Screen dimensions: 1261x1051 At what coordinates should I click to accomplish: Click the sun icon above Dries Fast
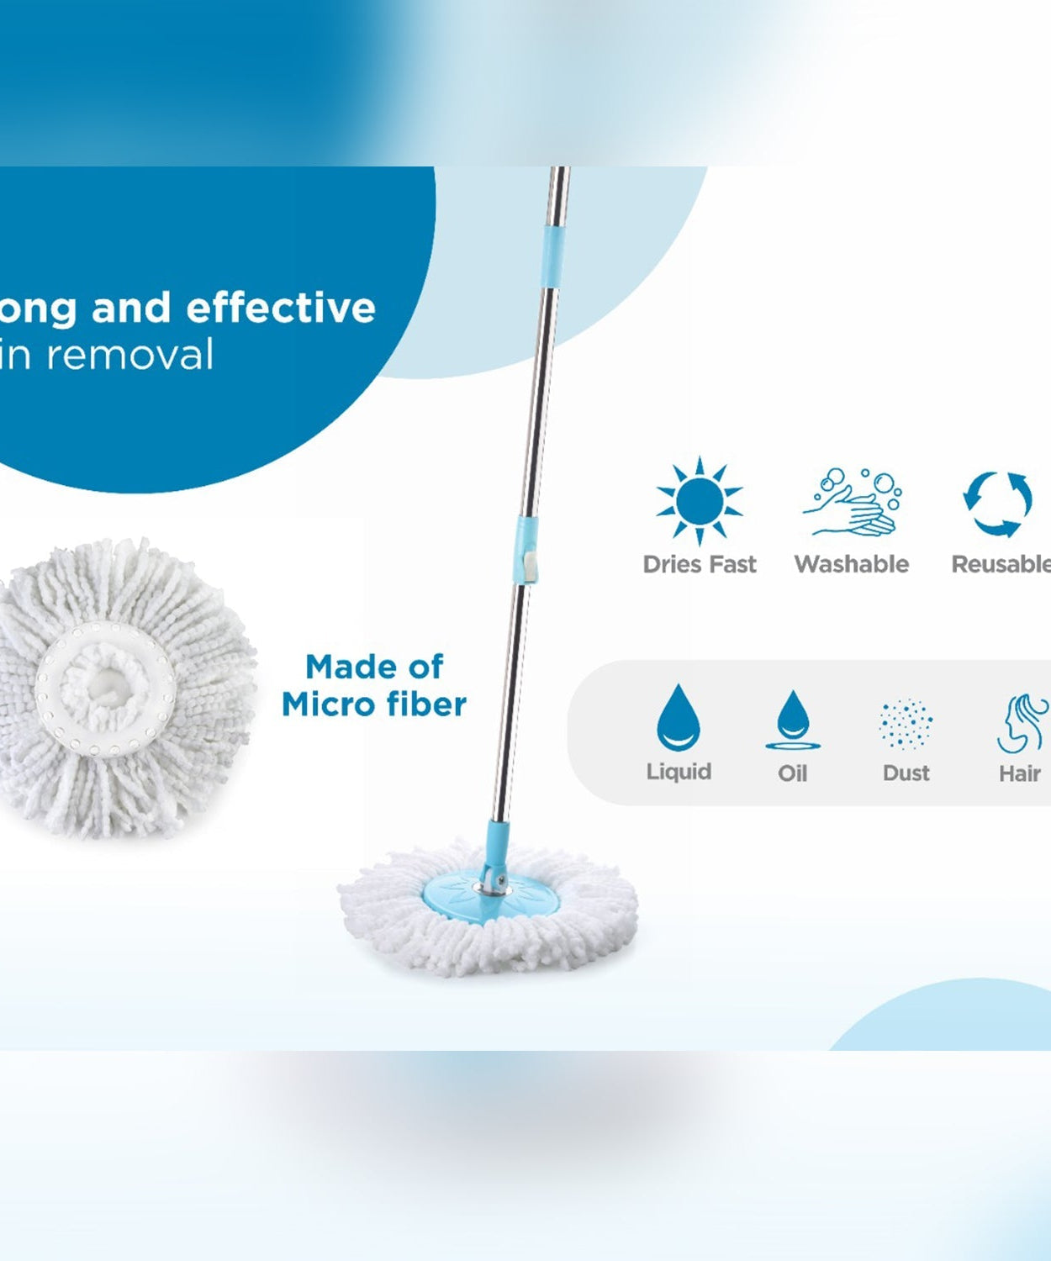point(700,502)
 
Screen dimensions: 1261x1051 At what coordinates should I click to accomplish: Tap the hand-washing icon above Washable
point(852,503)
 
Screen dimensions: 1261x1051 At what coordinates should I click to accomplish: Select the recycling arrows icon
point(998,504)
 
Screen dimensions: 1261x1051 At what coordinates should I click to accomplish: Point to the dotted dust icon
point(906,724)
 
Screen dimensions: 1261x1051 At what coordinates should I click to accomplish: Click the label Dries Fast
point(700,564)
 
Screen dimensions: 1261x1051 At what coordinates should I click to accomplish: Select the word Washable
point(852,564)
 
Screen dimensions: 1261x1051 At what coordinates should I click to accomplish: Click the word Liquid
point(679,772)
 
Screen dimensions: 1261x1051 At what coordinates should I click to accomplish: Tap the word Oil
point(793,773)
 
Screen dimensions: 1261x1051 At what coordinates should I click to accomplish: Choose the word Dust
point(906,773)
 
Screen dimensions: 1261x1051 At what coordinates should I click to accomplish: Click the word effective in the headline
point(281,308)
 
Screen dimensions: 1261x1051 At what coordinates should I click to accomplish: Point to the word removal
point(130,355)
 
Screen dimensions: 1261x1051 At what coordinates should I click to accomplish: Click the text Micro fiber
point(374,704)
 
